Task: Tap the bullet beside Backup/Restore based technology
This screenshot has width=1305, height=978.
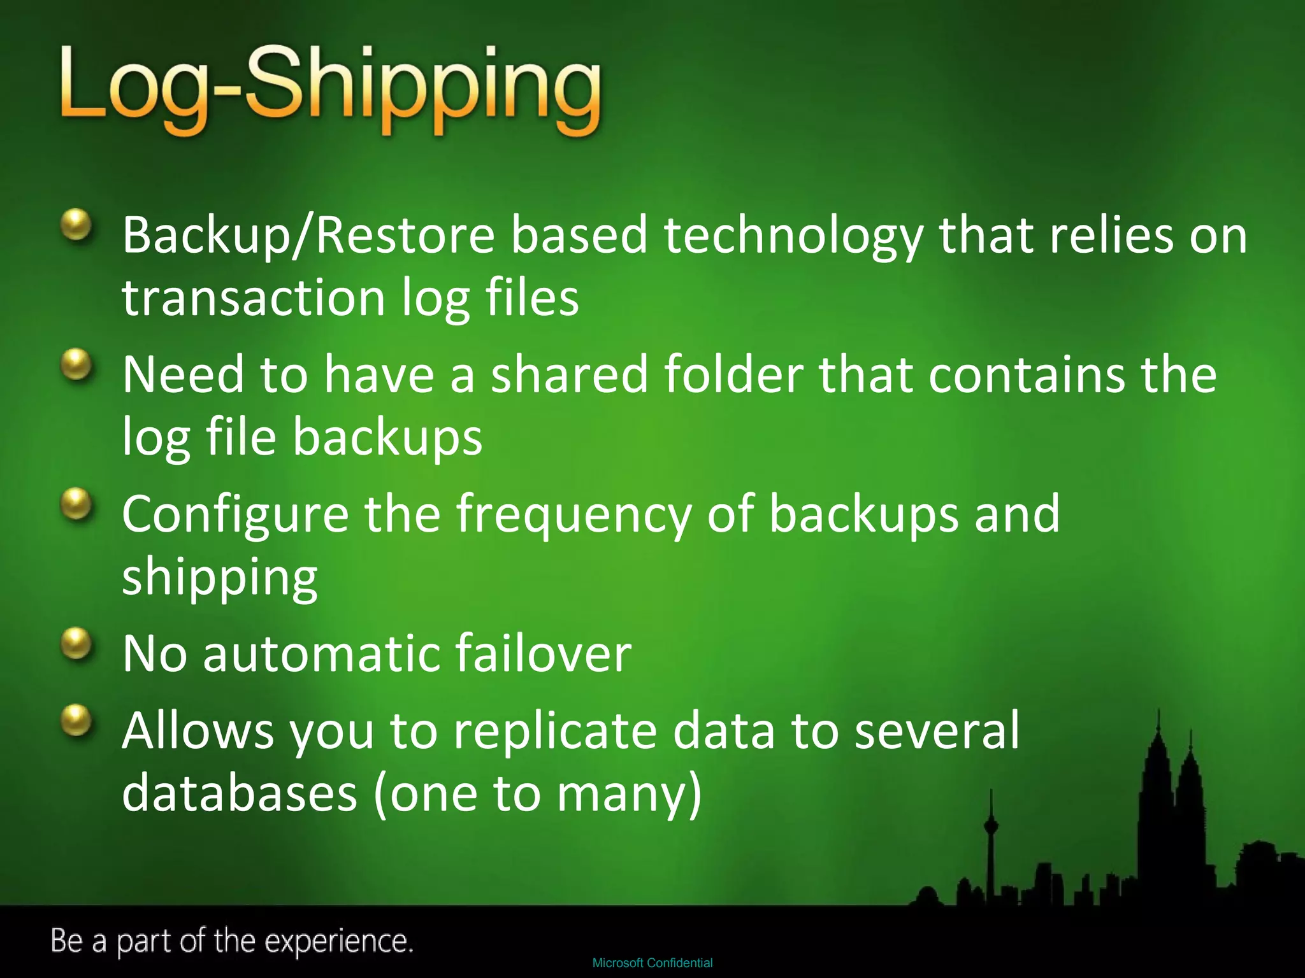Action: click(x=77, y=225)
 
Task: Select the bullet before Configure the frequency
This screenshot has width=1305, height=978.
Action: click(x=77, y=504)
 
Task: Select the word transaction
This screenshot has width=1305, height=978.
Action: click(x=254, y=298)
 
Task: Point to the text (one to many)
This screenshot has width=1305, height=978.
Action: click(x=538, y=795)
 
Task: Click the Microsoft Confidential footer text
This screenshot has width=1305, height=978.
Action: click(x=652, y=963)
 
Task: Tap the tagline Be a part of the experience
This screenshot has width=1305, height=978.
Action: click(x=232, y=941)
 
